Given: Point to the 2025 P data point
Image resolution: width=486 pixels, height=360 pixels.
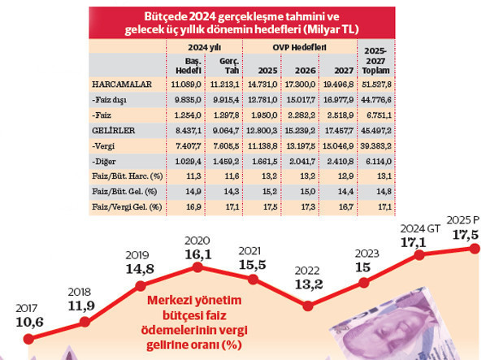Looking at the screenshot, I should (x=475, y=247).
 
